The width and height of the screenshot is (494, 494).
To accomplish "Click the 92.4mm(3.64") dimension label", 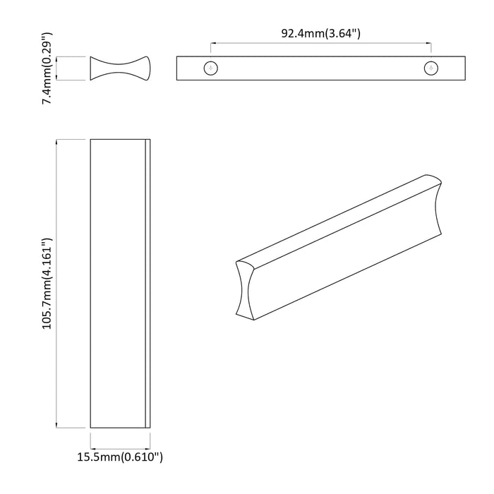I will [322, 32].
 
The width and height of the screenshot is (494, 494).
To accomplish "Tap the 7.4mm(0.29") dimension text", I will [47, 68].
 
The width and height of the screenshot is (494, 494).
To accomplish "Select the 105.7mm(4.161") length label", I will [47, 284].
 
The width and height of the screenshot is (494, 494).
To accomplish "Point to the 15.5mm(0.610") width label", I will [120, 457].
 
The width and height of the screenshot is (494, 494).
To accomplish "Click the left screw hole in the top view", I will [211, 68].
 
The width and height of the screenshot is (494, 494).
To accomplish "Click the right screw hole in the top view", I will [430, 68].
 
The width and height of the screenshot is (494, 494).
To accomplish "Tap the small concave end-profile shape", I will [120, 68].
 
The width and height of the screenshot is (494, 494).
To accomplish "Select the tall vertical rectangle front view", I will [117, 284].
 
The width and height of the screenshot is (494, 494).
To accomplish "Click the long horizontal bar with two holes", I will [321, 68].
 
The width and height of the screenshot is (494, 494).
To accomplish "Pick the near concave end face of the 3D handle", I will [244, 289].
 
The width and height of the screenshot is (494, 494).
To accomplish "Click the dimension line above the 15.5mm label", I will [120, 445].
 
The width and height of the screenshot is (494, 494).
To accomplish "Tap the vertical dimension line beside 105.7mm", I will [58, 284].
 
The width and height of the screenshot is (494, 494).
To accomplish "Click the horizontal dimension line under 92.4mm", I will [321, 44].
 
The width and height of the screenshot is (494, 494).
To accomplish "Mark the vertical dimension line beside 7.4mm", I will [58, 68].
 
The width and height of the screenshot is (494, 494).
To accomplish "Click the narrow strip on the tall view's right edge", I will [147, 284].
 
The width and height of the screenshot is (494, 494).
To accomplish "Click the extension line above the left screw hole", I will [211, 51].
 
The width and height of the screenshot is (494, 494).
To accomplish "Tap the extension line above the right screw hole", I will [430, 51].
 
